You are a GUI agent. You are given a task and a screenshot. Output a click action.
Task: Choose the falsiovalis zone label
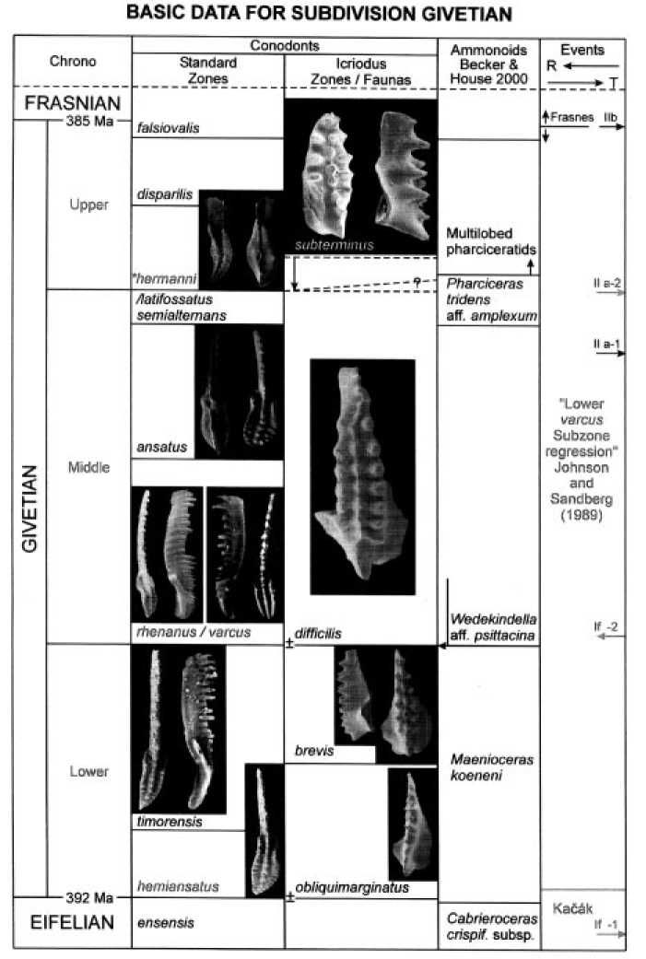click(169, 130)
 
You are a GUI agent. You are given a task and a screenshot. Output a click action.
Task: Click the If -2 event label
click(605, 627)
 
